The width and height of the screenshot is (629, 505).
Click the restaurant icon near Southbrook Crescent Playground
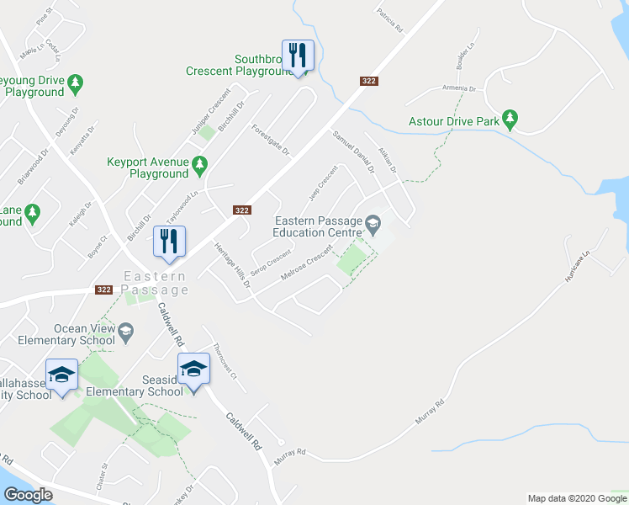pos(298,56)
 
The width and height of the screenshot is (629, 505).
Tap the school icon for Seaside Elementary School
pos(193,369)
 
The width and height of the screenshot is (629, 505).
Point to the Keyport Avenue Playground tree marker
pos(199,162)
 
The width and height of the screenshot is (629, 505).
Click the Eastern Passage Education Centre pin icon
pos(373,223)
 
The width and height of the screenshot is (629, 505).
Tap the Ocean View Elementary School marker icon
pos(125,332)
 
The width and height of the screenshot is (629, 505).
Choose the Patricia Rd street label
pos(390,20)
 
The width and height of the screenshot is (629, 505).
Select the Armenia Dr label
pos(460,88)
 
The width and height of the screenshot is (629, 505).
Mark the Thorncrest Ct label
pos(223,359)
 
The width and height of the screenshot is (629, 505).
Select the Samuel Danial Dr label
pos(352,151)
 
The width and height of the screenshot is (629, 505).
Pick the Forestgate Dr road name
pos(270,140)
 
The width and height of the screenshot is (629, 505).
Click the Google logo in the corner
pos(28,495)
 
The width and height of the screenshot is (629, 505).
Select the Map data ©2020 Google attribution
pos(577,498)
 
